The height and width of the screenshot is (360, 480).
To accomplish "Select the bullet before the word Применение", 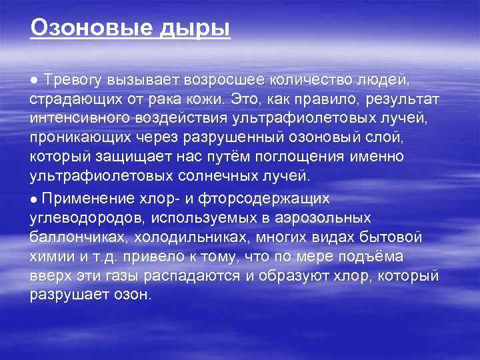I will tap(33, 199).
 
